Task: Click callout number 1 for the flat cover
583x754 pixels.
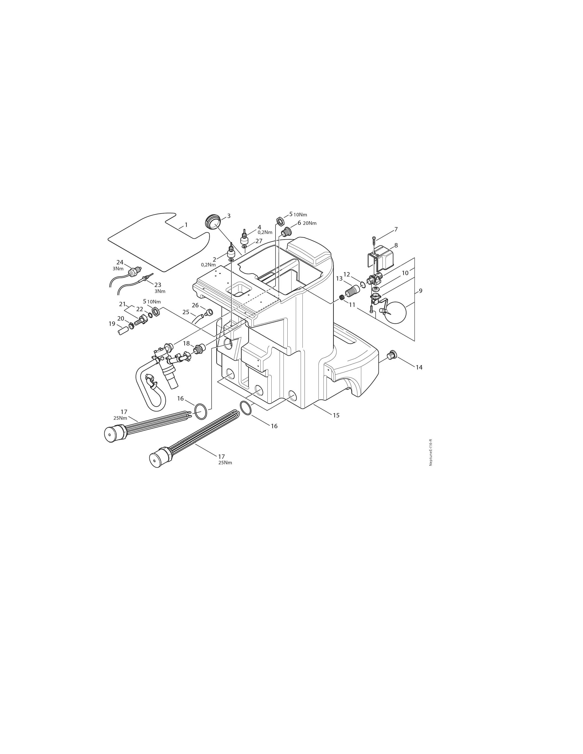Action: pos(186,225)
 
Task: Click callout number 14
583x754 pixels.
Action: pos(419,367)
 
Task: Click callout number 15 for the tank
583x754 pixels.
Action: pos(336,415)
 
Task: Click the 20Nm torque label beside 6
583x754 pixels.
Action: pos(310,223)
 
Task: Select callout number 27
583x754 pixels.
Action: pos(259,241)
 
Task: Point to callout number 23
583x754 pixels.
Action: pos(158,285)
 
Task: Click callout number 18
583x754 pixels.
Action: pos(187,343)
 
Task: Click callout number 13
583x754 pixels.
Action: pos(339,278)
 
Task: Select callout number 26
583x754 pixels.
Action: pos(195,305)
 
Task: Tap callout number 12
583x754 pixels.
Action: pos(346,274)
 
